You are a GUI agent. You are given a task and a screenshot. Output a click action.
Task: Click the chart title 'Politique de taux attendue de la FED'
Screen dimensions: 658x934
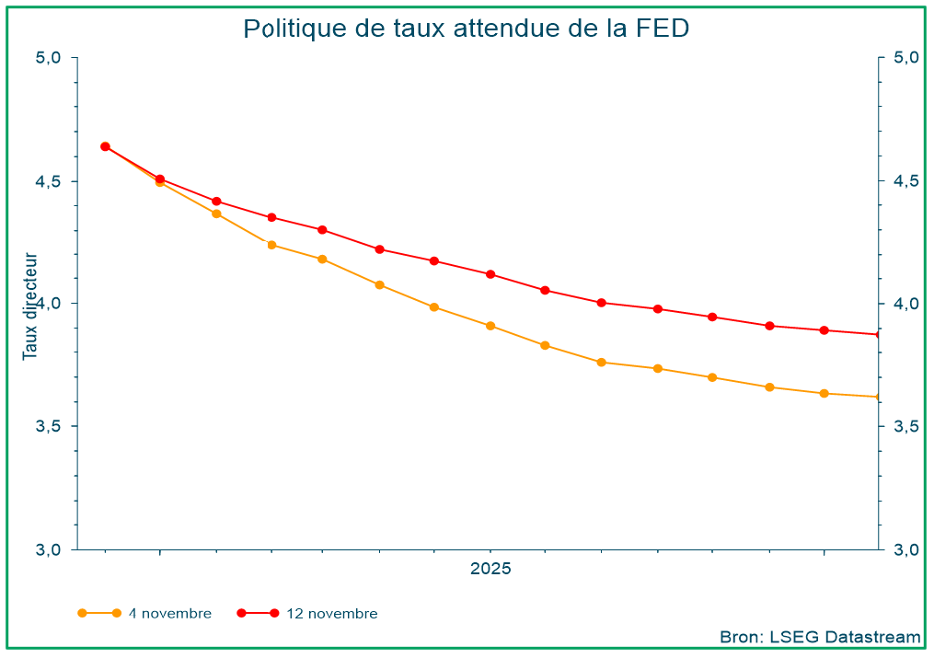pyautogui.click(x=467, y=29)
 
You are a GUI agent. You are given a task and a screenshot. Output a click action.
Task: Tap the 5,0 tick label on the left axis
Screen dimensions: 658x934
pyautogui.click(x=48, y=58)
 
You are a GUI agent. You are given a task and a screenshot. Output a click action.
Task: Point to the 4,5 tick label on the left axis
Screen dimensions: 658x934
pyautogui.click(x=48, y=181)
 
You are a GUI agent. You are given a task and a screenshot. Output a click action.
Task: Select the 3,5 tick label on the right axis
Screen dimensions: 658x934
pyautogui.click(x=905, y=427)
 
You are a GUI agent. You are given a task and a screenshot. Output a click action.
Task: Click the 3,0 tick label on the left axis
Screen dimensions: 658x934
pyautogui.click(x=48, y=549)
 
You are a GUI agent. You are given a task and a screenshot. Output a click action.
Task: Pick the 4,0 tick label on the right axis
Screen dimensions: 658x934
pyautogui.click(x=905, y=304)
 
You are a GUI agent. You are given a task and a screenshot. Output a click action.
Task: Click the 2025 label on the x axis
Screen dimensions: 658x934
pyautogui.click(x=490, y=569)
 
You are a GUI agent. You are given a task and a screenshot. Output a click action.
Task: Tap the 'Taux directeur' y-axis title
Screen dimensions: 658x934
pyautogui.click(x=30, y=306)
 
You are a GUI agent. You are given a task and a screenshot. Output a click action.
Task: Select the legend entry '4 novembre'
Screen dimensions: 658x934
pyautogui.click(x=169, y=614)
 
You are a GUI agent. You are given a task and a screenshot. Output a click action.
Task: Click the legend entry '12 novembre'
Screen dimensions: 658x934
pyautogui.click(x=331, y=614)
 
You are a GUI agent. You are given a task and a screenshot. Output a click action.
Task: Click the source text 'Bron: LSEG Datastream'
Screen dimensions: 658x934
pyautogui.click(x=820, y=637)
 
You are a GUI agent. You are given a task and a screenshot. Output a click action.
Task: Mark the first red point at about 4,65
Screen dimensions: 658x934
pyautogui.click(x=105, y=146)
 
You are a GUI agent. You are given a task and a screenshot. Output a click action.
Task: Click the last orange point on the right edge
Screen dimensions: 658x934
pyautogui.click(x=878, y=397)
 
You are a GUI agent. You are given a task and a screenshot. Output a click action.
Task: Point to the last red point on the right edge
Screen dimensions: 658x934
pyautogui.click(x=878, y=334)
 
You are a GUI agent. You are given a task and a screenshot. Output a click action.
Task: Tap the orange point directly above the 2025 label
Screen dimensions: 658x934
pyautogui.click(x=490, y=326)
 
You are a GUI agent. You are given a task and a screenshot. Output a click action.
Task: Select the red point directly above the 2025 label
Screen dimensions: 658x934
pyautogui.click(x=490, y=274)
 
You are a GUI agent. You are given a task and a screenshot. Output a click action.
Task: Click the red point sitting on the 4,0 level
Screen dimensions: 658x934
pyautogui.click(x=601, y=303)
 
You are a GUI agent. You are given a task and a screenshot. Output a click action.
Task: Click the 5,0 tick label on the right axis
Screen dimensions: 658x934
pyautogui.click(x=905, y=58)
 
